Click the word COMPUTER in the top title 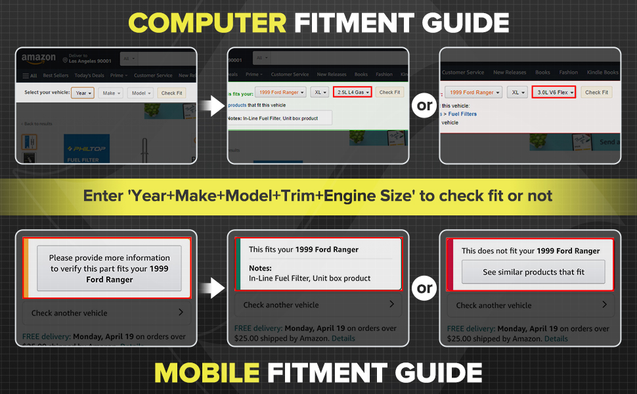tap(207, 23)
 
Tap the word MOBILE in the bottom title tap(206, 372)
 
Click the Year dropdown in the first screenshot tap(82, 93)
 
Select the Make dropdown tap(110, 93)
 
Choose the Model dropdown tap(140, 93)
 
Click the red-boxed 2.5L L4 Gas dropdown tap(353, 93)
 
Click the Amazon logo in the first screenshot tap(39, 58)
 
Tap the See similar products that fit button tap(533, 272)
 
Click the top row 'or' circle tap(424, 106)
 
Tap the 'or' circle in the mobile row tap(424, 288)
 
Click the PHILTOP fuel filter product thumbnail tap(87, 150)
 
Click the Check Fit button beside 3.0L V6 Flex tap(596, 93)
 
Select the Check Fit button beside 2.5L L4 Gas tap(389, 93)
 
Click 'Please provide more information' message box tap(109, 268)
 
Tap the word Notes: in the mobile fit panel tap(260, 268)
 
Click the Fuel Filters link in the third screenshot tap(462, 114)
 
